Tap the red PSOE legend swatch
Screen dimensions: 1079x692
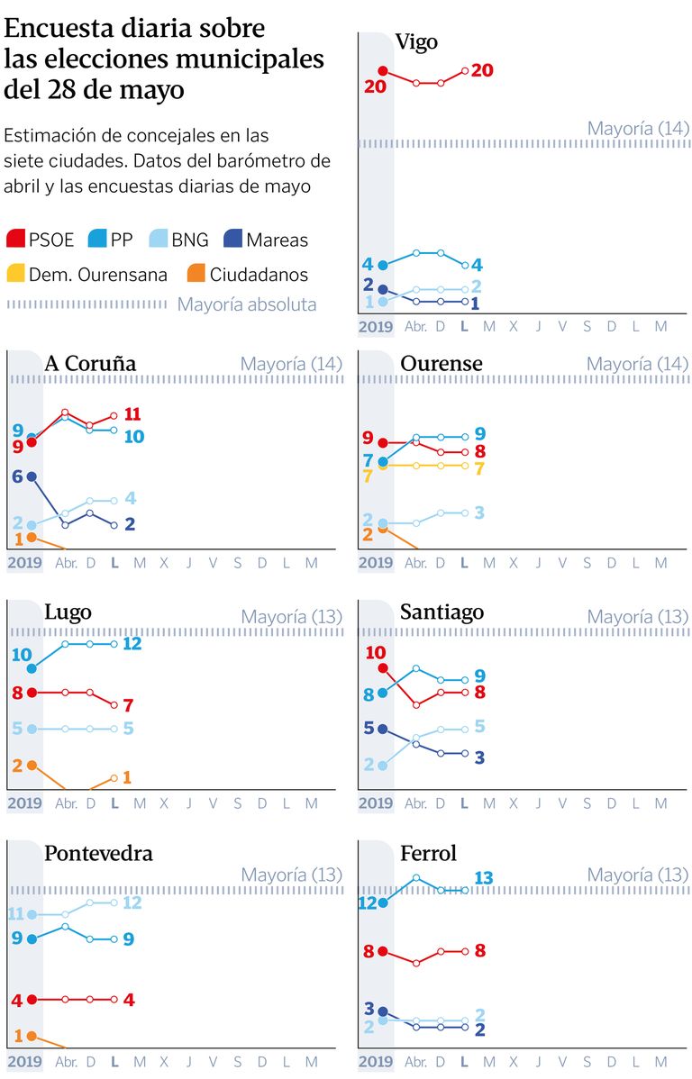pos(15,239)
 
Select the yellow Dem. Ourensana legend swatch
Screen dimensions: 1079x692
pos(15,274)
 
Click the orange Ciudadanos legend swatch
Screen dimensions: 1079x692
pos(194,274)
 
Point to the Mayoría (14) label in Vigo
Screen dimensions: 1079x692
pos(637,128)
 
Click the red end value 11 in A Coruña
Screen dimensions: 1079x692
pos(132,414)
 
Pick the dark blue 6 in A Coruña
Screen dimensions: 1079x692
pos(17,476)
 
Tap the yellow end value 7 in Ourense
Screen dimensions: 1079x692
pos(480,468)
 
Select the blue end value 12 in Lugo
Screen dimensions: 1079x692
pos(132,643)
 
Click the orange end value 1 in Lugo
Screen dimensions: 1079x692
pos(127,776)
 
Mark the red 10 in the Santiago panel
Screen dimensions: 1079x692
pos(375,653)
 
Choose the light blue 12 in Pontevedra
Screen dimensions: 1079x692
pos(132,902)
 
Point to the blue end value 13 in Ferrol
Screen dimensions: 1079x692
pos(484,877)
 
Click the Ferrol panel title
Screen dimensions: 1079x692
pos(428,852)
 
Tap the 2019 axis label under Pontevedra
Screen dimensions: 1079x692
pos(24,1062)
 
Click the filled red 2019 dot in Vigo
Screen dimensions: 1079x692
pos(383,70)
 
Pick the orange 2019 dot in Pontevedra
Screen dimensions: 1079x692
pos(32,1036)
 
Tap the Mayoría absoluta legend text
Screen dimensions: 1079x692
pos(247,304)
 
